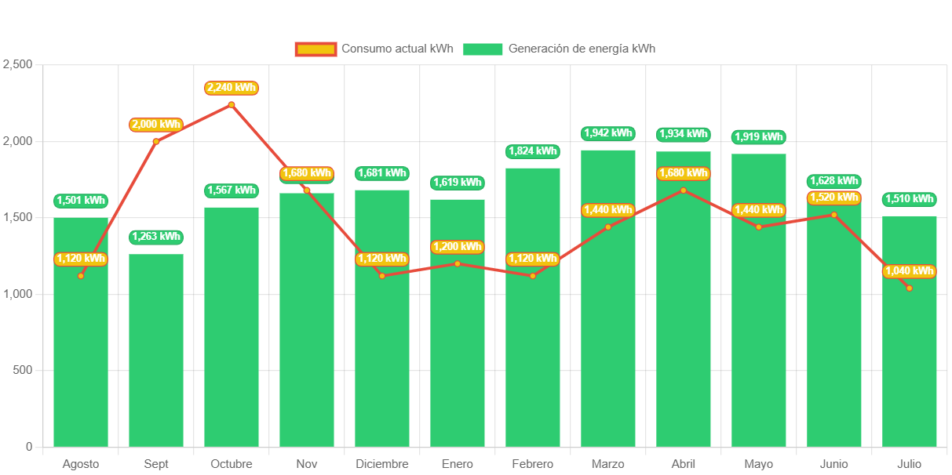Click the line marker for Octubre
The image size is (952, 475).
[x=232, y=104]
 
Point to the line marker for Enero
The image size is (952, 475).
[x=458, y=263]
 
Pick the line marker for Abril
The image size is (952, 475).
[x=684, y=190]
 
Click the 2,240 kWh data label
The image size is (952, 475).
[x=232, y=88]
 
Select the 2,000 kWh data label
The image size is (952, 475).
[x=156, y=124]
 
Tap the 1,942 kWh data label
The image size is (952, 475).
[x=608, y=133]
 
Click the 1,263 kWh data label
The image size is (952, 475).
[x=156, y=236]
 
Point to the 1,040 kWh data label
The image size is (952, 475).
[x=910, y=271]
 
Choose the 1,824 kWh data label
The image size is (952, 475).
[x=533, y=151]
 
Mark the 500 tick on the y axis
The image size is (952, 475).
[x=24, y=370]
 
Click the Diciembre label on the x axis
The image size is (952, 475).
[x=382, y=464]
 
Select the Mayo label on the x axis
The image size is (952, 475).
[x=759, y=464]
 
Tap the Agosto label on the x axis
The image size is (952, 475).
[x=81, y=464]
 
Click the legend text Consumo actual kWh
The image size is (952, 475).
[x=397, y=49]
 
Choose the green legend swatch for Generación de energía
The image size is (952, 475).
[x=482, y=49]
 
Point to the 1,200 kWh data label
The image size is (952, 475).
[x=458, y=247]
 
